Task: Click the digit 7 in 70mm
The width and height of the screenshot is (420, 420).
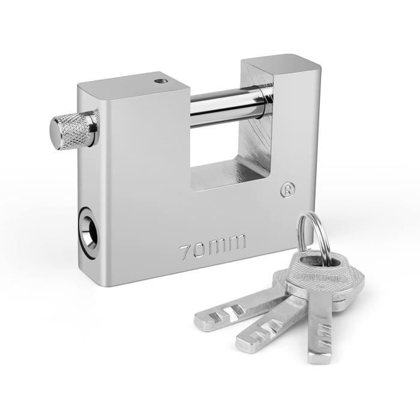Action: coord(187,249)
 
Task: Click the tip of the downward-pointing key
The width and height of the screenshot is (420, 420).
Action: coord(318,358)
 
